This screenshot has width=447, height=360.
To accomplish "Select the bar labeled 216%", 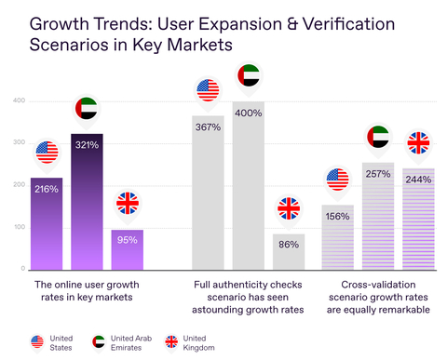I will click(x=47, y=223).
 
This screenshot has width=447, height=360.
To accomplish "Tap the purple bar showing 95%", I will click(x=128, y=249).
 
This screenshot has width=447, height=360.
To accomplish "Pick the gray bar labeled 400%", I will click(x=249, y=186).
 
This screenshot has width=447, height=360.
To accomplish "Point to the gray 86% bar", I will click(x=289, y=251).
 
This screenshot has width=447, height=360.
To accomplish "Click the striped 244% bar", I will click(x=418, y=219).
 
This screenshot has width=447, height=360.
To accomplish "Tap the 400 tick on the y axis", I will click(x=19, y=100).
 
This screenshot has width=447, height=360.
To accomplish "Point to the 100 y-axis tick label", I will click(x=19, y=227).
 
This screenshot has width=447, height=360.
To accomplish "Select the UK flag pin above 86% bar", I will click(x=289, y=208).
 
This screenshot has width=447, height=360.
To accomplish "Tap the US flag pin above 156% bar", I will click(x=337, y=179).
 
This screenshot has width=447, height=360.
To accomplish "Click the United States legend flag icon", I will click(x=38, y=341).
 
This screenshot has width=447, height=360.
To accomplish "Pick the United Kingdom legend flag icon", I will click(x=172, y=341).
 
